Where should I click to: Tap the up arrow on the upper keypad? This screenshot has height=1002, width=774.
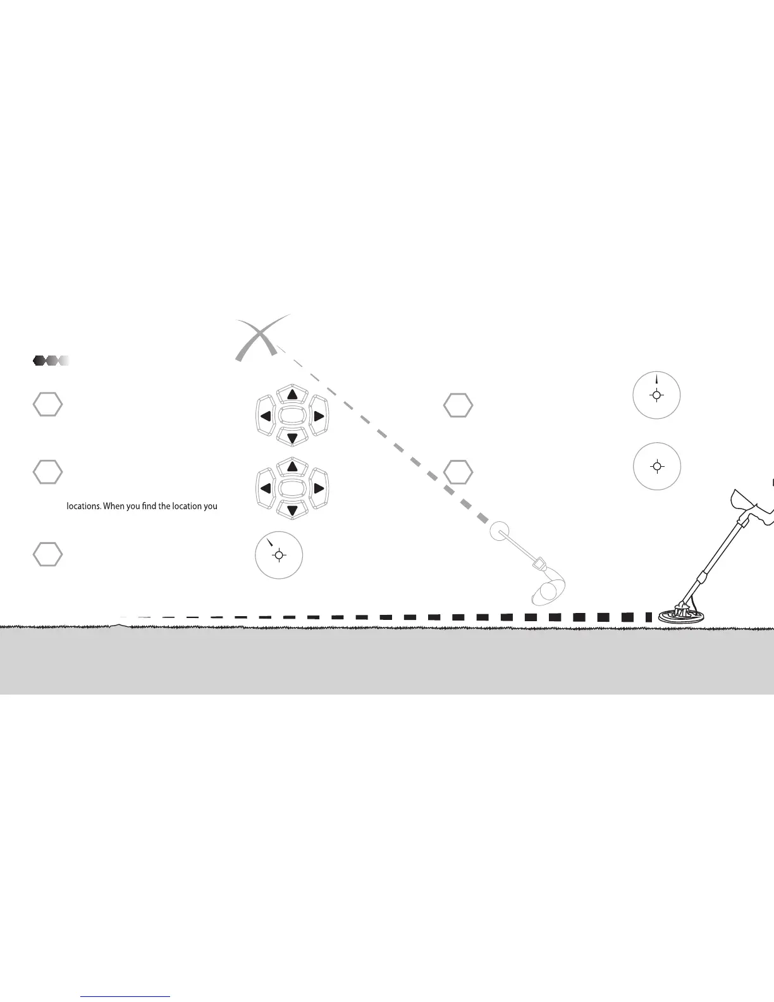coord(292,395)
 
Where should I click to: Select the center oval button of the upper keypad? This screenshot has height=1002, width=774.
coord(292,416)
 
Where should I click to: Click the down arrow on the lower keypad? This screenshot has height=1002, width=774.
coord(292,509)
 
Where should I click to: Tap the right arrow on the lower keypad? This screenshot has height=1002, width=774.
coord(319,488)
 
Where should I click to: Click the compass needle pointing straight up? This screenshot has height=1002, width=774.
coord(657,380)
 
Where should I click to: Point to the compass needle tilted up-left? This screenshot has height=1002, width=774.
coord(270,543)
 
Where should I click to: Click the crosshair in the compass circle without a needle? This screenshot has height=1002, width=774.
coord(657,467)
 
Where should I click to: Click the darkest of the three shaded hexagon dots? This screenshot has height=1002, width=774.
coord(39,361)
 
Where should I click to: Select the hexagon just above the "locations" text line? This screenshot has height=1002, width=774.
coord(47,471)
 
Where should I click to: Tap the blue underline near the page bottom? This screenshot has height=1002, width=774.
coord(125,997)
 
